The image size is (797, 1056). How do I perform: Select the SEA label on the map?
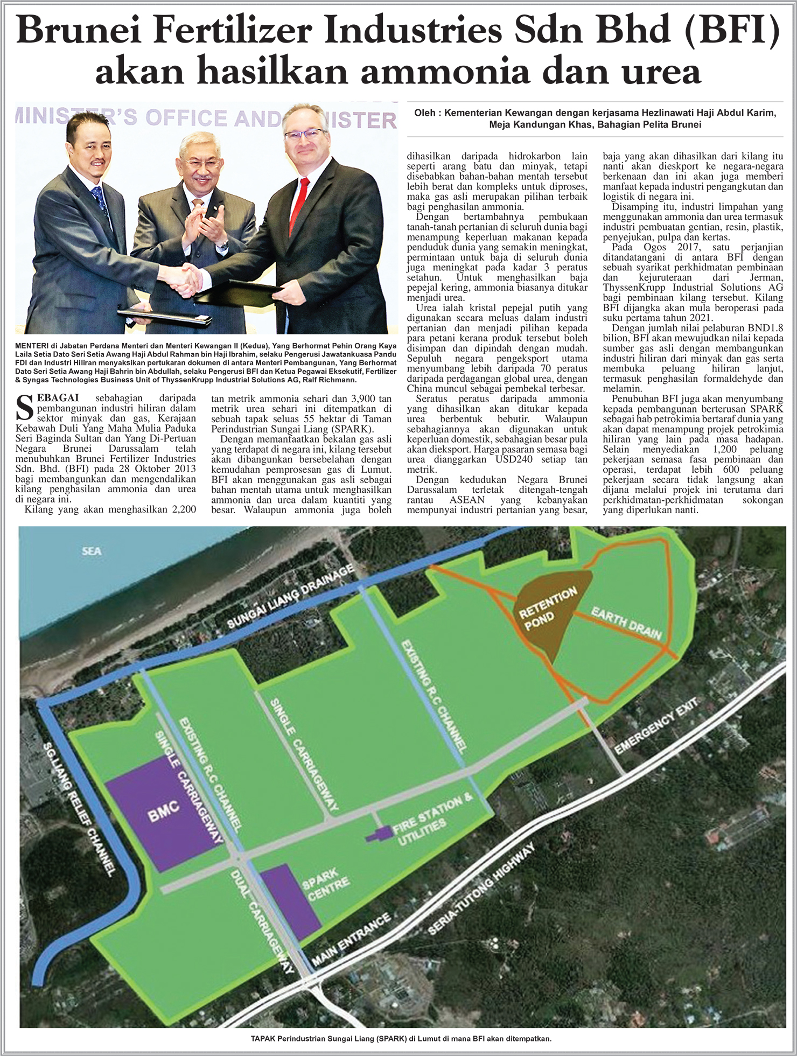pyautogui.click(x=92, y=551)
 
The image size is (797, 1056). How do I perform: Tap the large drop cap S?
pyautogui.click(x=25, y=407)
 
